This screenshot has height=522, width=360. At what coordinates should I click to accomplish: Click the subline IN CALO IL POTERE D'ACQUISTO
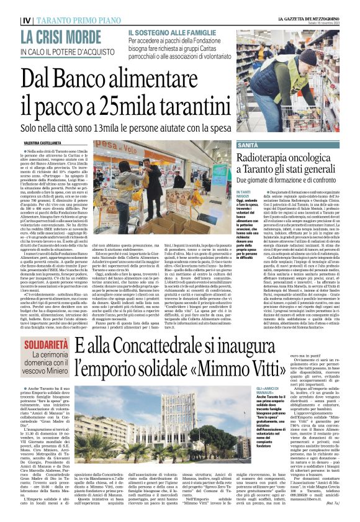(65, 52)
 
